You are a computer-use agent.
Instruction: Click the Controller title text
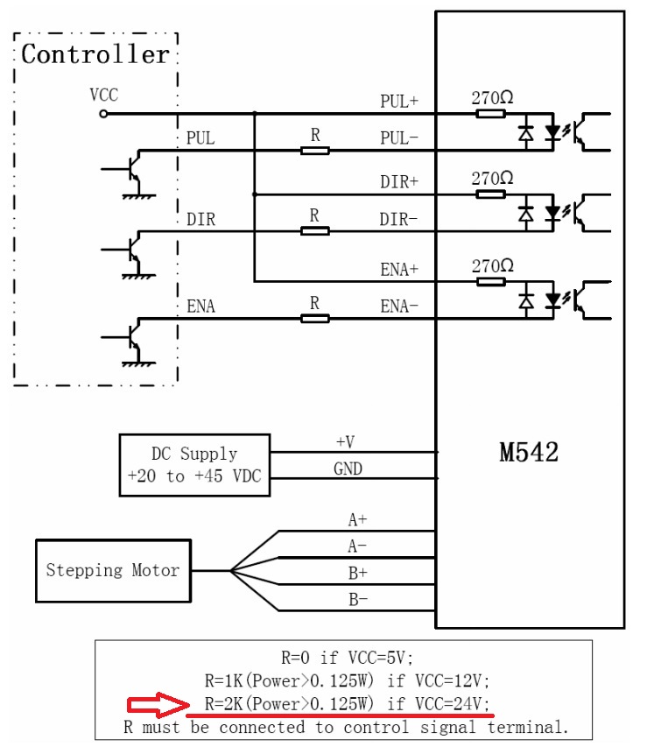pyautogui.click(x=95, y=53)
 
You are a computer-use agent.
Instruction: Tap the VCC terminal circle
pyautogui.click(x=103, y=114)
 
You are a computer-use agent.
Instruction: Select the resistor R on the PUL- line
pyautogui.click(x=315, y=151)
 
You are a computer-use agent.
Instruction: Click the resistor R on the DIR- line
pyautogui.click(x=315, y=231)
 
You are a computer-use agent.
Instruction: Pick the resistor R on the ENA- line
pyautogui.click(x=315, y=319)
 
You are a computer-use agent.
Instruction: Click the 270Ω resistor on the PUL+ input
pyautogui.click(x=491, y=114)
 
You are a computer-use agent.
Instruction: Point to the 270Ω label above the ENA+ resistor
pyautogui.click(x=492, y=265)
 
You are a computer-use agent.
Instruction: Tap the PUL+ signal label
pyautogui.click(x=399, y=101)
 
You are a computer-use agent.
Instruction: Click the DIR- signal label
pyautogui.click(x=398, y=219)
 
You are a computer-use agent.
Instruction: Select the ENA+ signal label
pyautogui.click(x=399, y=270)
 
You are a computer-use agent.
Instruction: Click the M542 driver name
pyautogui.click(x=529, y=452)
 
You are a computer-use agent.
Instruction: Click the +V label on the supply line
pyautogui.click(x=345, y=441)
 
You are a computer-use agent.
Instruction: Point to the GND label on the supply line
pyautogui.click(x=348, y=469)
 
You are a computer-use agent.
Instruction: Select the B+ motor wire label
pyautogui.click(x=358, y=573)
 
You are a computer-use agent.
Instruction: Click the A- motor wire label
pyautogui.click(x=357, y=546)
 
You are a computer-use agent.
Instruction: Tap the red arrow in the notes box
pyautogui.click(x=158, y=705)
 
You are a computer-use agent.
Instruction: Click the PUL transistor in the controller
pyautogui.click(x=133, y=169)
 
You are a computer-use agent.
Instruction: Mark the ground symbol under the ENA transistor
pyautogui.click(x=139, y=364)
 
